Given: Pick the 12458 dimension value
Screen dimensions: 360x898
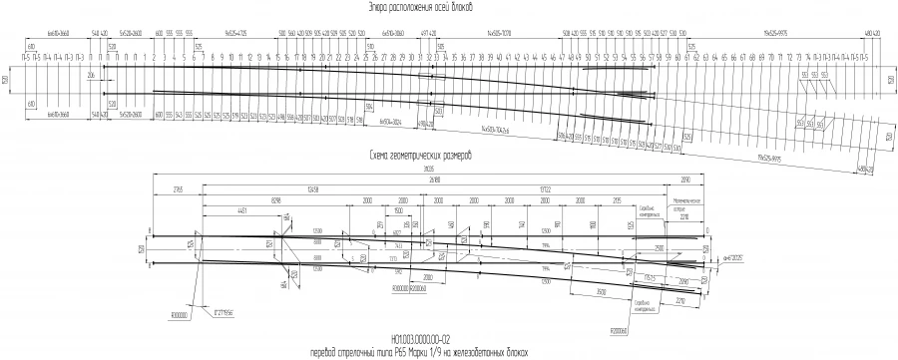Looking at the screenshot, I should point(312,188).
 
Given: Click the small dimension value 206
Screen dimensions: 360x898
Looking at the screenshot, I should point(90,75).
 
